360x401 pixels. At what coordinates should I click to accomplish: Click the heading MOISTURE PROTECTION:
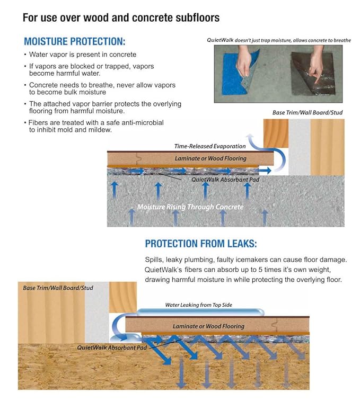(75, 41)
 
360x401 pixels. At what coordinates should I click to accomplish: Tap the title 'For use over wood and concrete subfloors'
(121, 17)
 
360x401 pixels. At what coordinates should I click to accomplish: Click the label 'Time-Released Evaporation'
(210, 146)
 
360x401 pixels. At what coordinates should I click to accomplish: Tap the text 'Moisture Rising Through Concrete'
(190, 207)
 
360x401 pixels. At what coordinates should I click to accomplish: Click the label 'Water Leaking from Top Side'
(198, 305)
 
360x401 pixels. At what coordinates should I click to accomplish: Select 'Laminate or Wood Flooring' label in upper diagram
(210, 158)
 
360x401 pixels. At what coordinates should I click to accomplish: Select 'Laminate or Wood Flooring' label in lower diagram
(208, 326)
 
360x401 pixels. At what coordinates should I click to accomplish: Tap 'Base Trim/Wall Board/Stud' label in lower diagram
(58, 288)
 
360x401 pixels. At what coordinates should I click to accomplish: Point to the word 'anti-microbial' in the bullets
(142, 122)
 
